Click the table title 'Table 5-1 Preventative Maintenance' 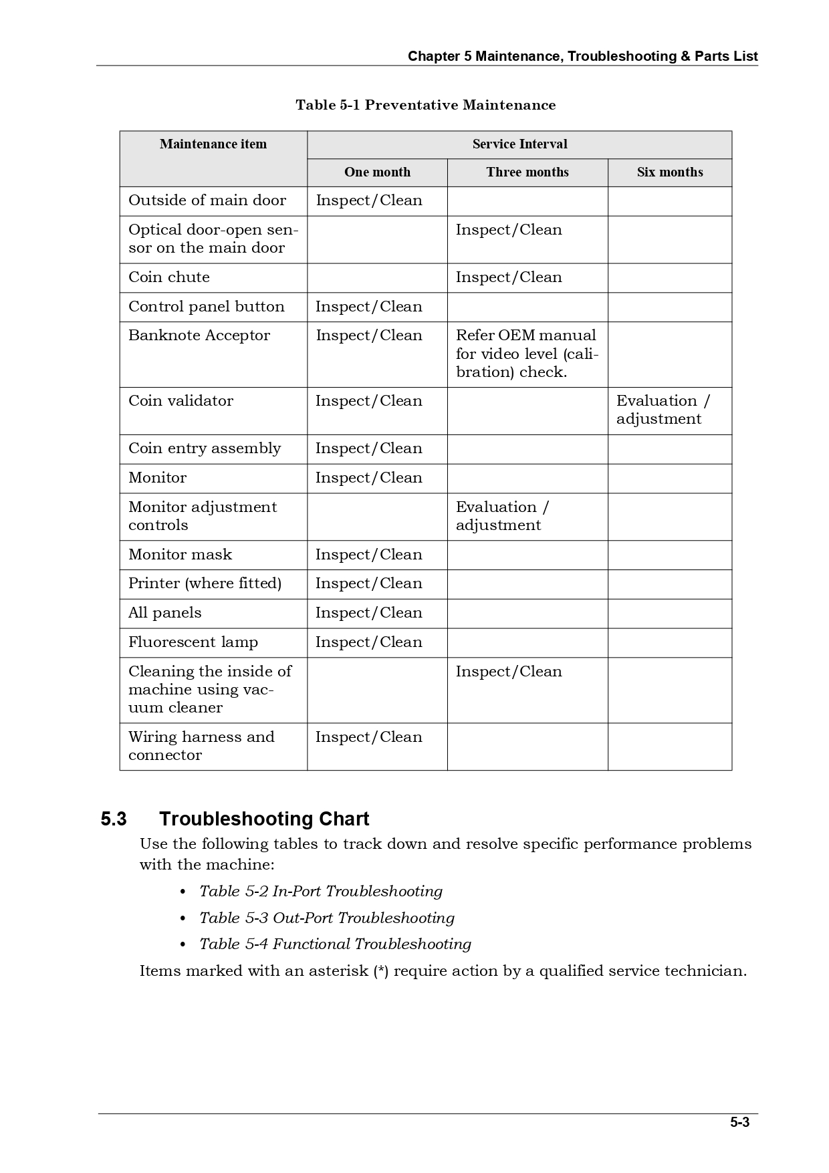point(425,105)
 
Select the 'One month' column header point(377,172)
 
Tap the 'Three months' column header point(527,172)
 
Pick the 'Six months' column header point(670,172)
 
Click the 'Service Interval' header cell point(519,144)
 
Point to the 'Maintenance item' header point(213,144)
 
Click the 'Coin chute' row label point(169,277)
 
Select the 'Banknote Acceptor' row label point(199,336)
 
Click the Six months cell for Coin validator point(663,410)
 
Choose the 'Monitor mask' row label point(180,555)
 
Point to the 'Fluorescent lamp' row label point(193,642)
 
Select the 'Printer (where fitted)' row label point(205,583)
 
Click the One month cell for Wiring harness point(369,737)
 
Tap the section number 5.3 point(114,819)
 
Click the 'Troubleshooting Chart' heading point(264,819)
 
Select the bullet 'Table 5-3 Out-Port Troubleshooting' point(327,918)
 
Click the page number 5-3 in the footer point(739,1122)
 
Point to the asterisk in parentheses point(381,971)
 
